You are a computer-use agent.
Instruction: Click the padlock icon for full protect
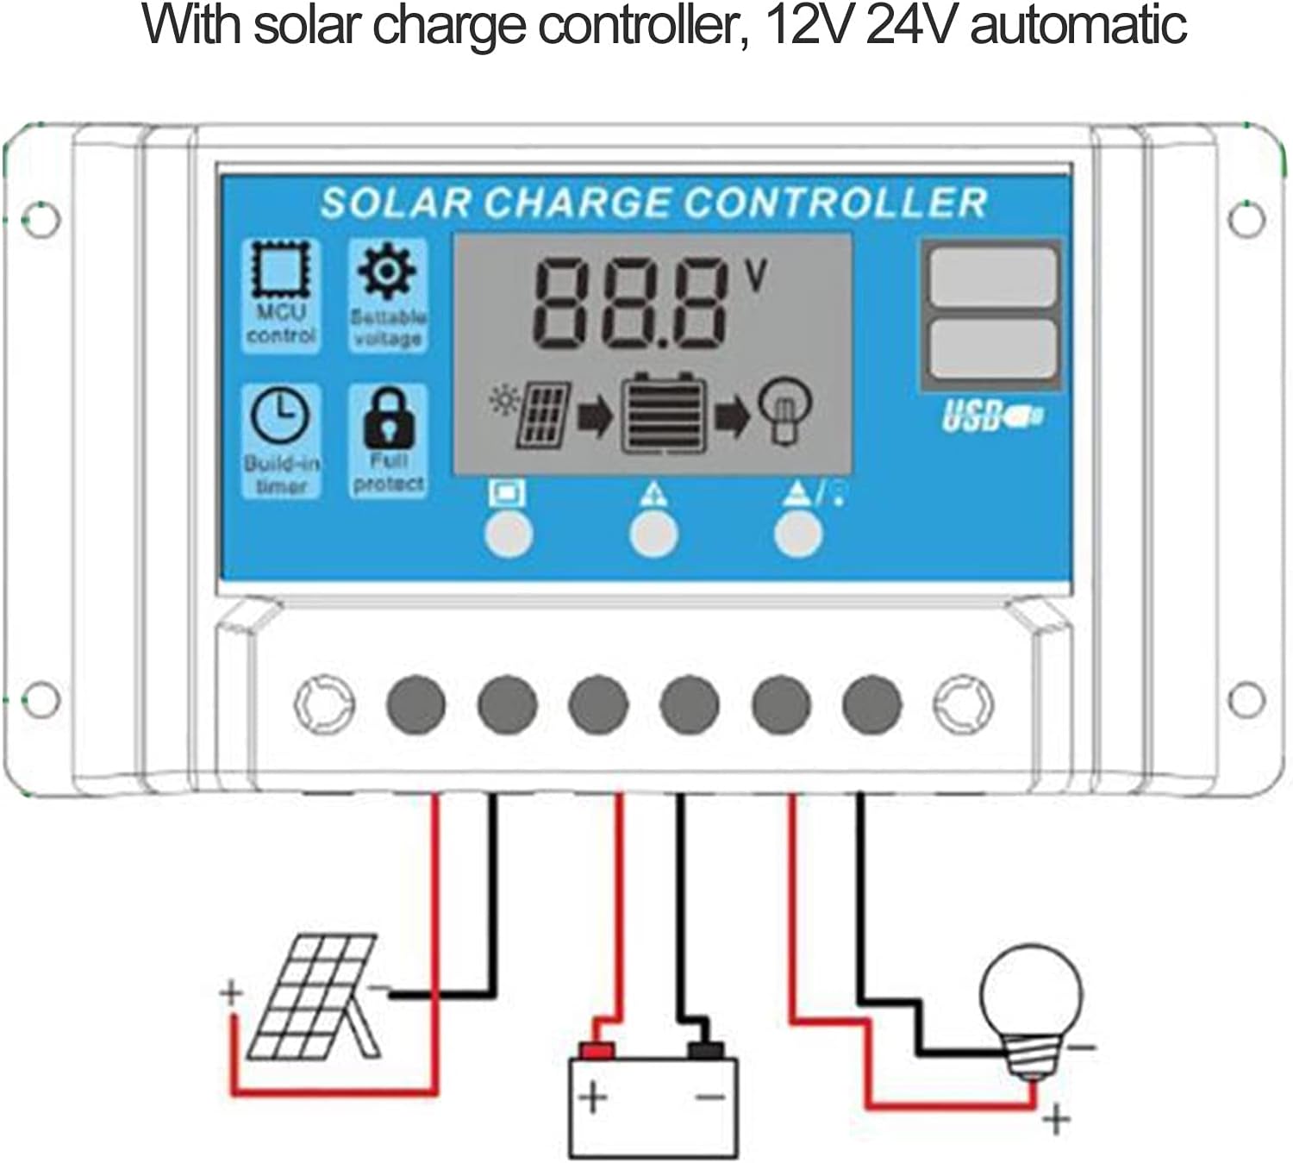(x=388, y=417)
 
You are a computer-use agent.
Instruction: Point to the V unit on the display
(x=755, y=276)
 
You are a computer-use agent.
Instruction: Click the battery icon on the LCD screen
(x=665, y=414)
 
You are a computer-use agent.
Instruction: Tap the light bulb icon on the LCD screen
(x=784, y=411)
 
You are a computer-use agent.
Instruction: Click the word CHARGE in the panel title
(x=576, y=203)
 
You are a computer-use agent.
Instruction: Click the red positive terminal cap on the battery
(x=596, y=1050)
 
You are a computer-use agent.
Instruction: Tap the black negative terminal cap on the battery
(x=705, y=1050)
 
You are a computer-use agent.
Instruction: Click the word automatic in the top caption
(x=1078, y=26)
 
